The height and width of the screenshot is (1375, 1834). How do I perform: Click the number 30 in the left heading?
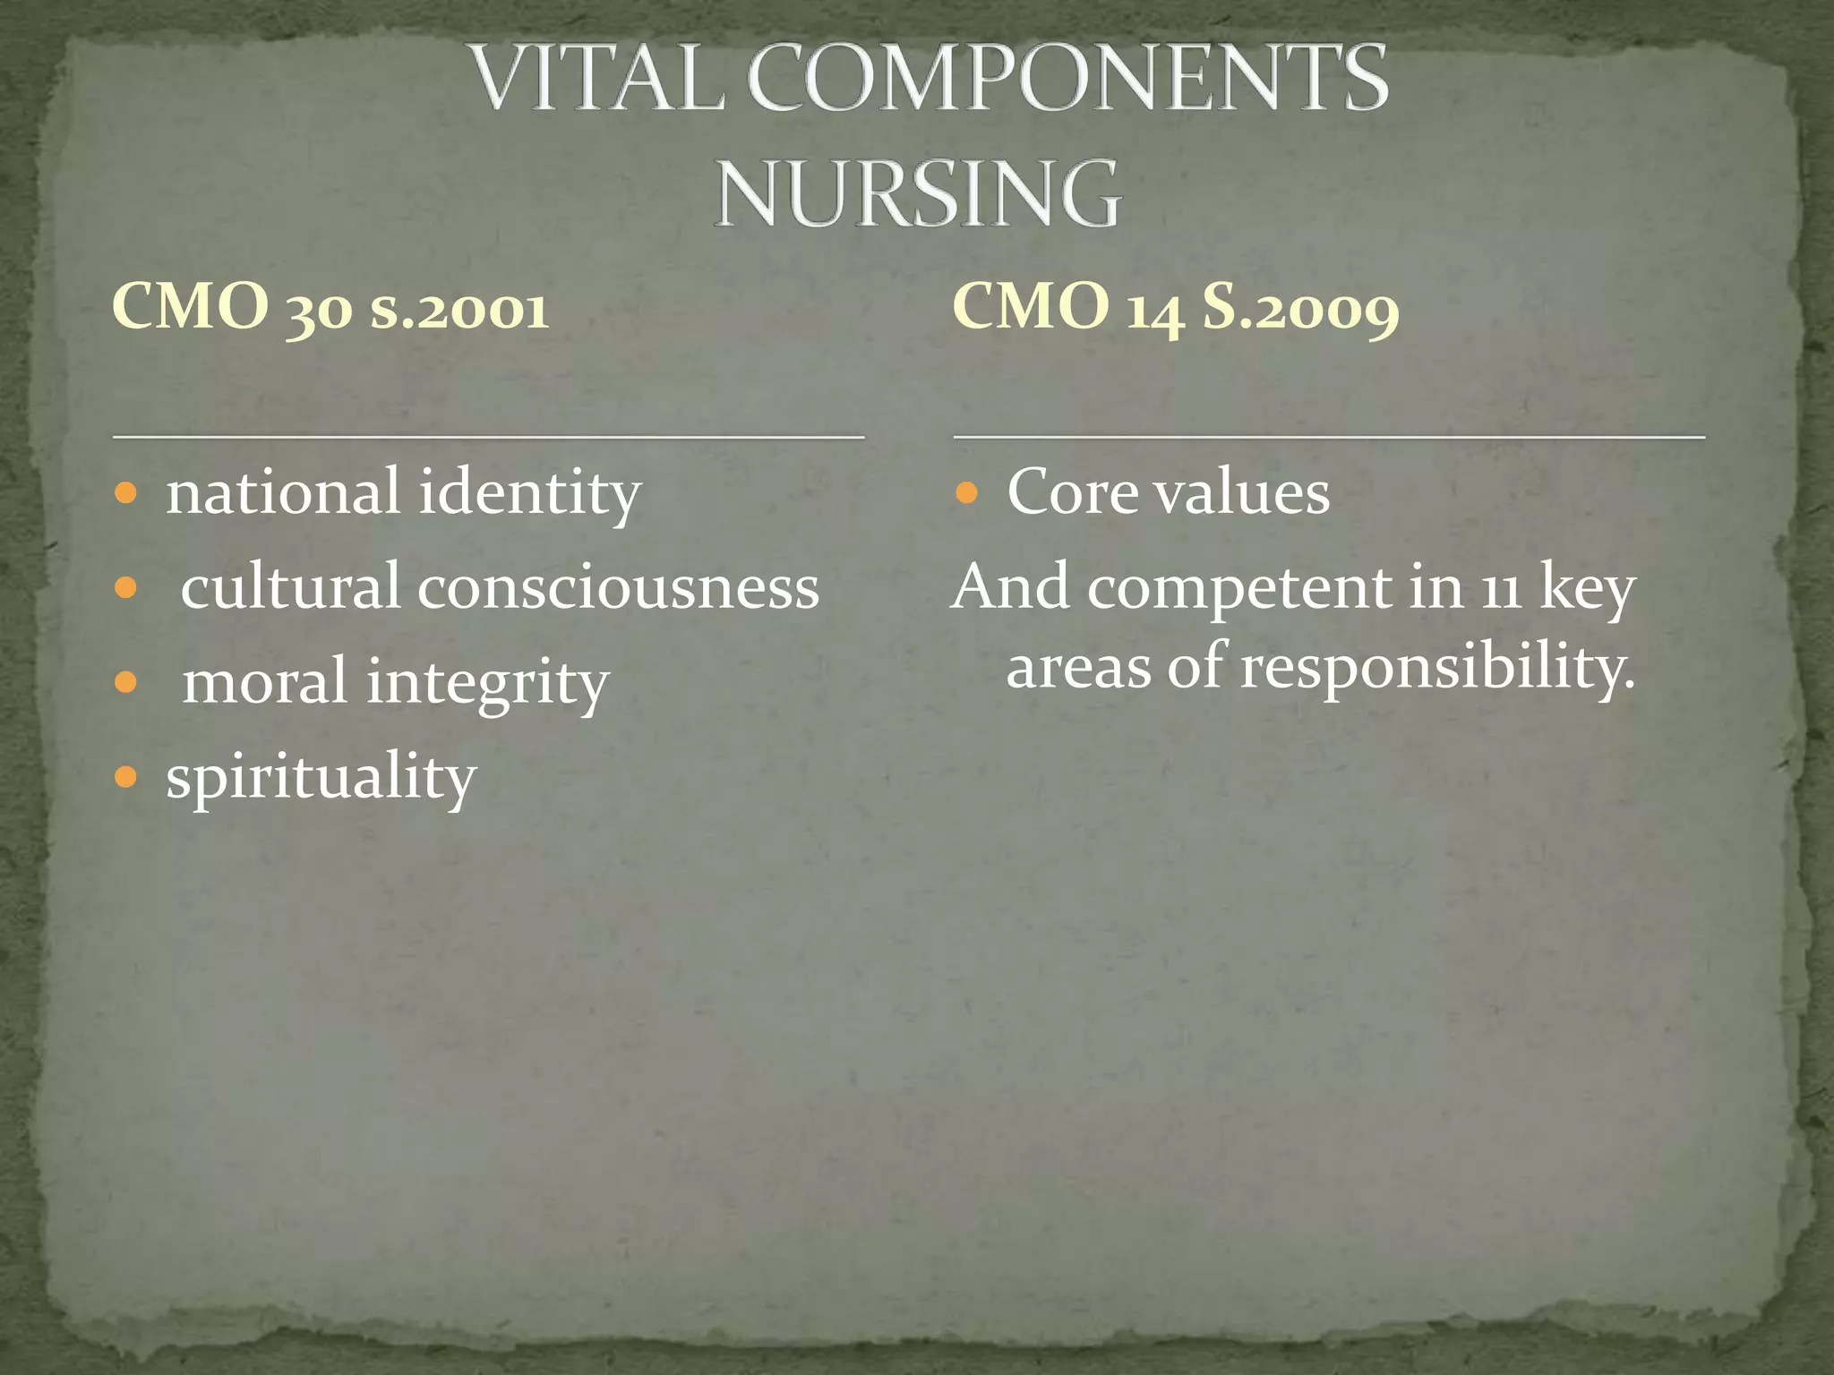(x=319, y=310)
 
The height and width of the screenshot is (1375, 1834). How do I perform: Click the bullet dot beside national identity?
(x=126, y=493)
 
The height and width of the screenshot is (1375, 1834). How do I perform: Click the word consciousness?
(x=618, y=588)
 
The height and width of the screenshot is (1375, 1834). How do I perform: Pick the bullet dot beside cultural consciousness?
(x=126, y=588)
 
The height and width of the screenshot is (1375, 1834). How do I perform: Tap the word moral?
(x=265, y=682)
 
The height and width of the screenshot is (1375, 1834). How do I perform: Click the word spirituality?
(x=321, y=777)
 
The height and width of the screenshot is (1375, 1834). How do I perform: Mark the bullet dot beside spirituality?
(x=126, y=776)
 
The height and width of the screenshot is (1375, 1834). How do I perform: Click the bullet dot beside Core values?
(x=966, y=493)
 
